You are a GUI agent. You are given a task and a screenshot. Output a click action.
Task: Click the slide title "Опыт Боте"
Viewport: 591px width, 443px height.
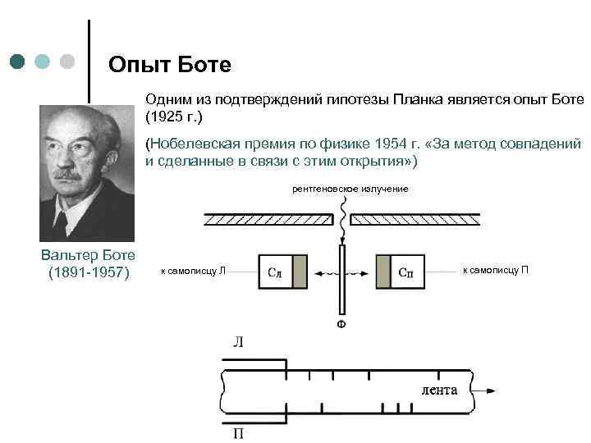coord(171,63)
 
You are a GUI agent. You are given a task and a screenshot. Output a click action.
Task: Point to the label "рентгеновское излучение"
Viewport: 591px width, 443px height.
coord(350,190)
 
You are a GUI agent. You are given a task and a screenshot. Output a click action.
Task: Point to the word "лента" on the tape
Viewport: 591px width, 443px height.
coord(439,390)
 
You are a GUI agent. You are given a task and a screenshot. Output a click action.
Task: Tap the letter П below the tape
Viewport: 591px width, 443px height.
coord(237,432)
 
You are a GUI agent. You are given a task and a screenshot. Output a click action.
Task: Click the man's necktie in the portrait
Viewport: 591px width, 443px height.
coord(62,221)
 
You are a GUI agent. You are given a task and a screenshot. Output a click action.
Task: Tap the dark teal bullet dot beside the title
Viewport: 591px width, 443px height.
coord(18,62)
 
